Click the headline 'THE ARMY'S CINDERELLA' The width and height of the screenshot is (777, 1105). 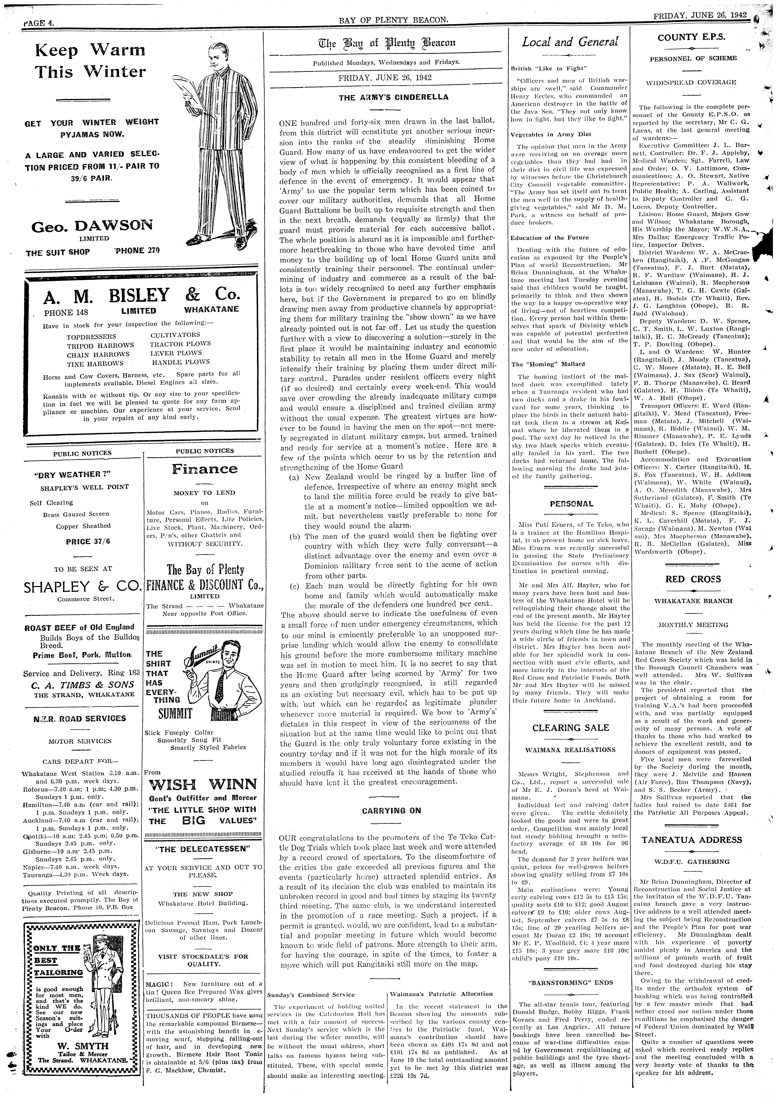pos(393,97)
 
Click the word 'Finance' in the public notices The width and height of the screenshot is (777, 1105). pos(205,469)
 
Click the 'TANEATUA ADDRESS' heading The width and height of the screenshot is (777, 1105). pos(692,840)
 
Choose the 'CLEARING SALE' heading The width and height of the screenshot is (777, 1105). pos(570,728)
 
